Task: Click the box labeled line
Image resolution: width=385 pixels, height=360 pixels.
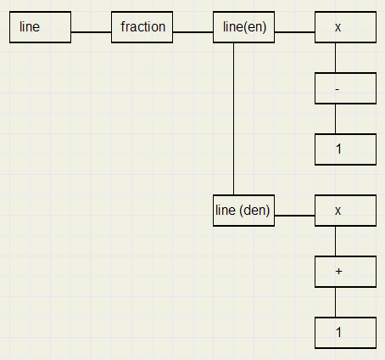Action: [x=40, y=27]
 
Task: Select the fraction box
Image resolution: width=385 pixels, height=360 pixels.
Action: [x=142, y=27]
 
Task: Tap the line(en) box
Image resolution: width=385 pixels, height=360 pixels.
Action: [x=243, y=27]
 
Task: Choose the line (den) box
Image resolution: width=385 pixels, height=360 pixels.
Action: [x=243, y=211]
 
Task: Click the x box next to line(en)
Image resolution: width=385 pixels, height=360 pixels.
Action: [x=345, y=27]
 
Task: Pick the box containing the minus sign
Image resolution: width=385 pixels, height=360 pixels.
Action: [x=345, y=88]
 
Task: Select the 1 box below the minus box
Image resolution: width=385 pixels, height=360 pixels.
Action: [x=345, y=149]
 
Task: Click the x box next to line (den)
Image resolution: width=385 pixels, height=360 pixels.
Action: [x=345, y=211]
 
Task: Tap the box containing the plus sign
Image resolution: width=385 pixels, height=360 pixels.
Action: [x=345, y=272]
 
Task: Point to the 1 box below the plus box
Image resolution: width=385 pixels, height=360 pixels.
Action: [x=345, y=333]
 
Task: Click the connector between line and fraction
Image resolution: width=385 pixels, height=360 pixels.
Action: [x=91, y=32]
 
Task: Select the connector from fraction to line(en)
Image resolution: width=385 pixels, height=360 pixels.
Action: [x=192, y=32]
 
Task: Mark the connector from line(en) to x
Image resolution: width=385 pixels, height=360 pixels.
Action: [x=294, y=32]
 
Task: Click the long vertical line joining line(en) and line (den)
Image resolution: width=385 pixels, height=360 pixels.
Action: [x=233, y=119]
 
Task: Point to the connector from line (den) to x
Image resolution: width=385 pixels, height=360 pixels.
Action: [x=294, y=216]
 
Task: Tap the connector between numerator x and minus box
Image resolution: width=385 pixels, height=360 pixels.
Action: [x=336, y=58]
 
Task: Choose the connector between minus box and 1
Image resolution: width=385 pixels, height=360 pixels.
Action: [x=336, y=119]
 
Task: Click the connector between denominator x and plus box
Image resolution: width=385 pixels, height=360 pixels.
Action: [x=336, y=241]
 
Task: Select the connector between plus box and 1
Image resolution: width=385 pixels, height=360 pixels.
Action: [x=336, y=302]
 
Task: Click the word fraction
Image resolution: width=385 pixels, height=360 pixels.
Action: [x=143, y=27]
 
